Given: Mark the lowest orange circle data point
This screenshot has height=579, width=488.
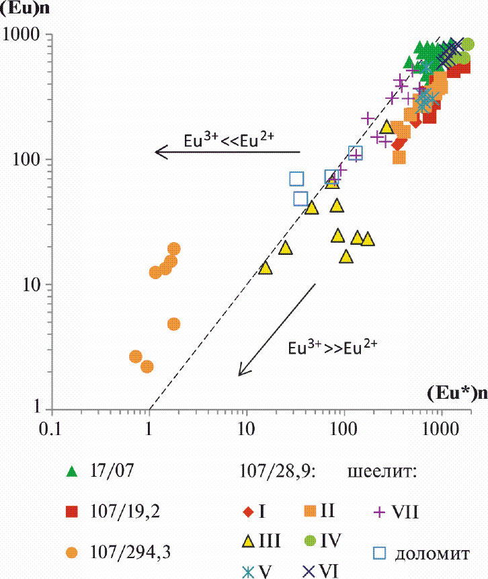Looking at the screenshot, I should pyautogui.click(x=147, y=366).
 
